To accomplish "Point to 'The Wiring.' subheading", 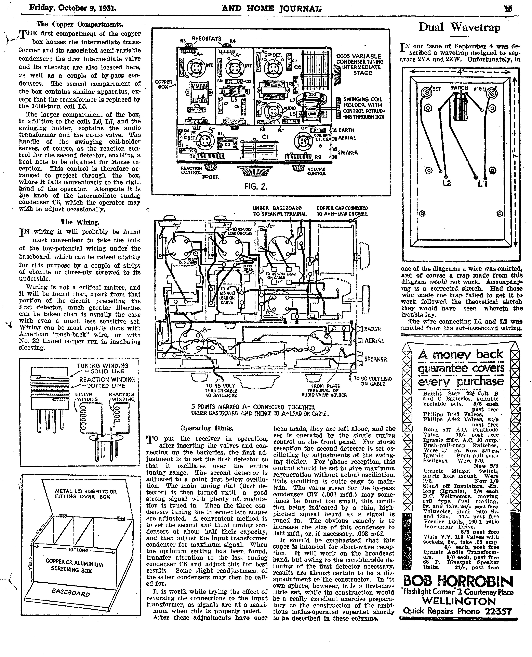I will tap(80, 222).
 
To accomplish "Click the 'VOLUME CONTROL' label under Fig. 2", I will tap(317, 171).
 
